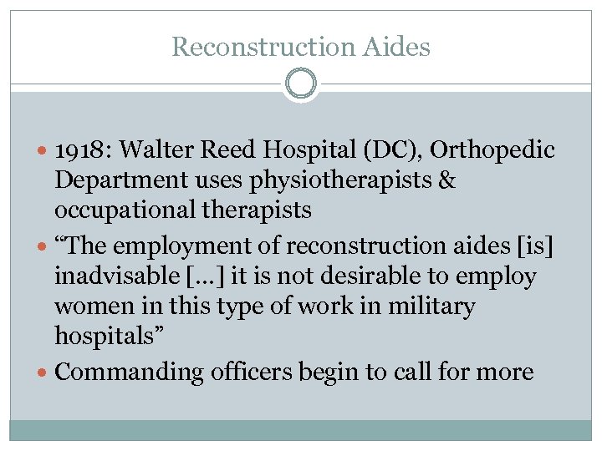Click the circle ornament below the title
(301, 84)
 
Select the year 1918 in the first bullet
(80, 151)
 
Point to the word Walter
(156, 151)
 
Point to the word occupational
(116, 210)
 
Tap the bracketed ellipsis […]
(205, 276)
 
